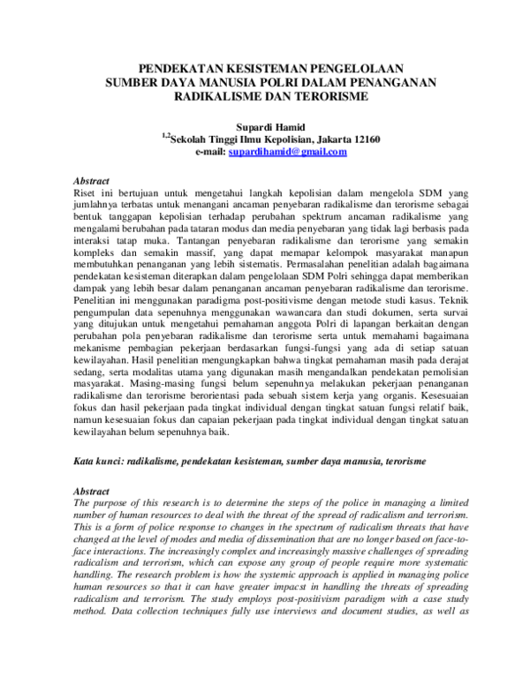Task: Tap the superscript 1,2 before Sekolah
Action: (165, 136)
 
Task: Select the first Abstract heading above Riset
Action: (89, 178)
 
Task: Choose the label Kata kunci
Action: (94, 462)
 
